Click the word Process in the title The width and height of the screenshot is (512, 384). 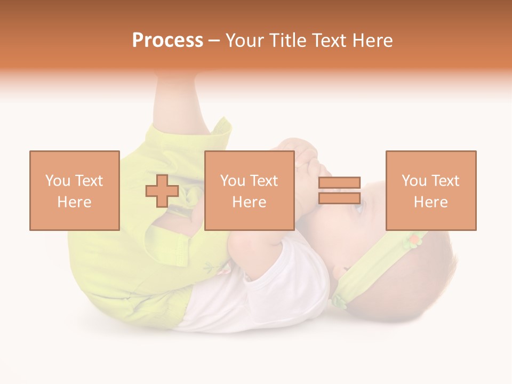[167, 41]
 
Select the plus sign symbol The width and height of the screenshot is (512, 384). [162, 191]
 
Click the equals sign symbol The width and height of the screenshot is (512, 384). [339, 190]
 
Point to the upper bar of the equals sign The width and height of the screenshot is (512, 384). [339, 183]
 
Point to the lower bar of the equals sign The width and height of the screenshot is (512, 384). [339, 198]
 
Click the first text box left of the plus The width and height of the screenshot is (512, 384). [75, 190]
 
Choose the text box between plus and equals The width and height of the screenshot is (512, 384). [250, 190]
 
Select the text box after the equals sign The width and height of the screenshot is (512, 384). [431, 190]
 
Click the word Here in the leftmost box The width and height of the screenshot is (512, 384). [75, 202]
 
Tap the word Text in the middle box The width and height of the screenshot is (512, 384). [263, 181]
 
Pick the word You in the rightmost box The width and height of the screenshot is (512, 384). [414, 181]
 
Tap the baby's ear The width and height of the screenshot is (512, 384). [340, 272]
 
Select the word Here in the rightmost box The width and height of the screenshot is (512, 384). [431, 202]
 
